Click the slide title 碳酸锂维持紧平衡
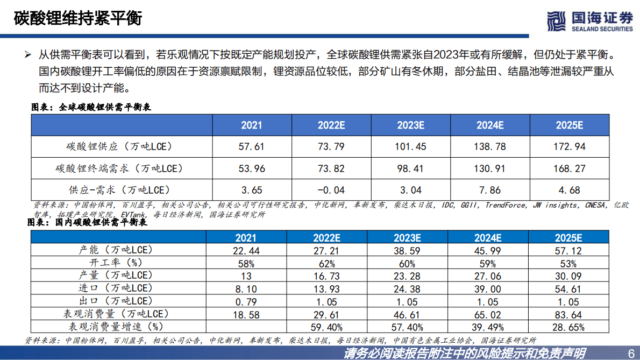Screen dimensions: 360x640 tap(78, 18)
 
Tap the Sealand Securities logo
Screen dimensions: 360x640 tap(590, 21)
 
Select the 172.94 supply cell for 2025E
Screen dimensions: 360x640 tap(570, 146)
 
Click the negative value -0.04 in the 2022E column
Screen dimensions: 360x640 tap(331, 190)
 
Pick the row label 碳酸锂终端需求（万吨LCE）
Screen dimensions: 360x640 tap(119, 168)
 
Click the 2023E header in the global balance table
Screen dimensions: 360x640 tap(411, 125)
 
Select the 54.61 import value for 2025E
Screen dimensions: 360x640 tap(568, 289)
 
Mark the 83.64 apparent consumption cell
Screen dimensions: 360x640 tap(568, 314)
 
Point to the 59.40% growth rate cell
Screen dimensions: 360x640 tap(326, 327)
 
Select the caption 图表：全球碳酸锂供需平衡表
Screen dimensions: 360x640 tap(91, 107)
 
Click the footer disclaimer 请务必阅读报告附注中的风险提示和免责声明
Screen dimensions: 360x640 tap(465, 353)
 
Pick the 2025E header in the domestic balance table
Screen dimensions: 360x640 tap(568, 238)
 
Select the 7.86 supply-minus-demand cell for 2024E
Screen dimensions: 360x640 tap(490, 190)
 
